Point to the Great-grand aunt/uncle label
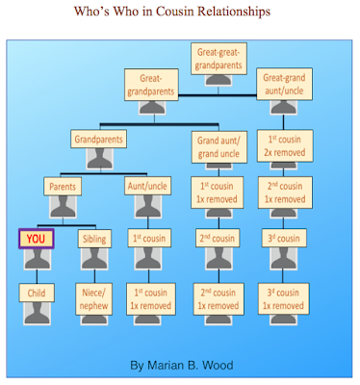click(289, 85)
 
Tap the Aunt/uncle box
click(149, 187)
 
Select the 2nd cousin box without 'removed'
click(218, 239)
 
